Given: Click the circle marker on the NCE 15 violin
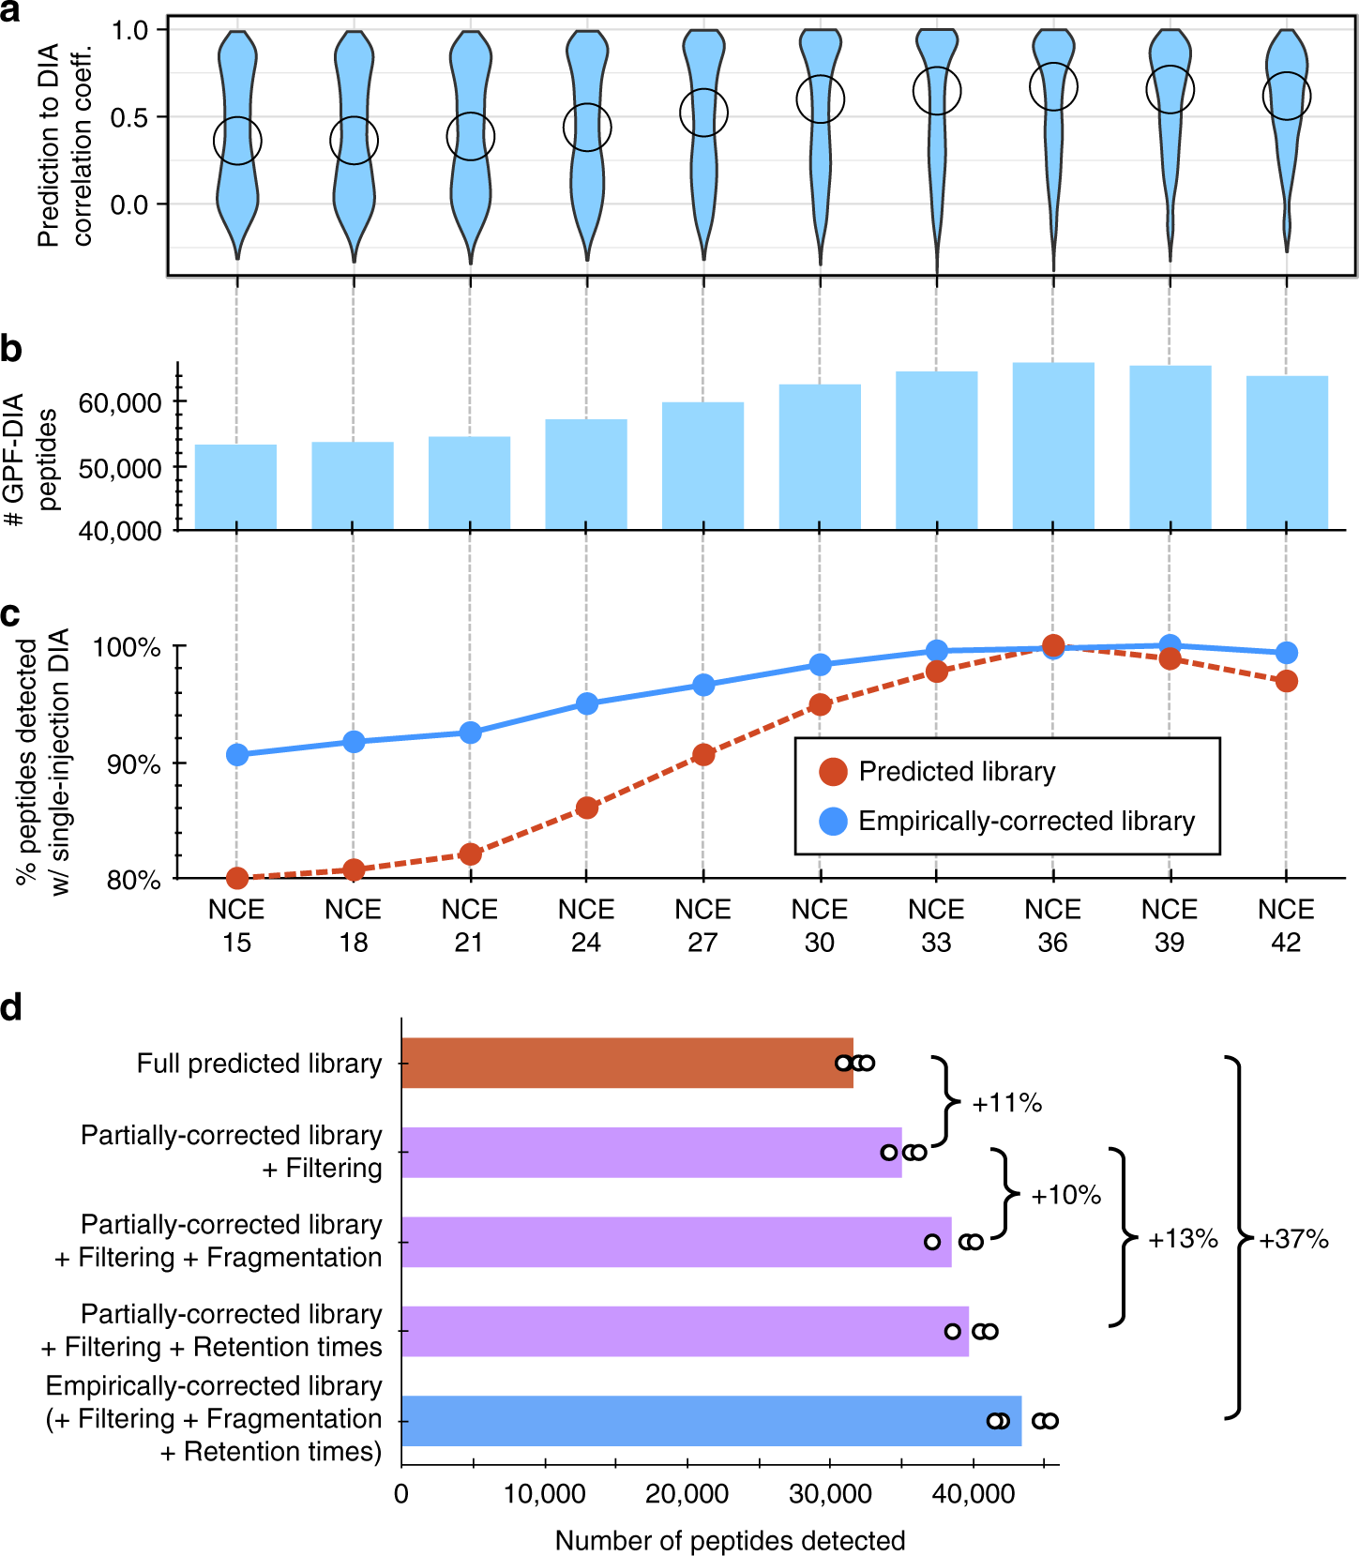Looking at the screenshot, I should click(x=237, y=141).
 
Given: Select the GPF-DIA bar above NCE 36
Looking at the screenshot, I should click(x=1053, y=446).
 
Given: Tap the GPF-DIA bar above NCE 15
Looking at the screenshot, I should click(x=235, y=487).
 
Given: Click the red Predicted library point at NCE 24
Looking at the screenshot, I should click(x=587, y=808).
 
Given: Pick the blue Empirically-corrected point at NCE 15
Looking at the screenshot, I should click(x=237, y=755).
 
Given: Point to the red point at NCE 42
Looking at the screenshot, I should click(x=1287, y=681).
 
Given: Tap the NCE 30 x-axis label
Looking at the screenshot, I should click(x=820, y=926).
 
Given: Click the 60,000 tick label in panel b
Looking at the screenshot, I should click(x=120, y=403).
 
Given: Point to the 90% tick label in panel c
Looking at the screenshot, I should click(x=133, y=764).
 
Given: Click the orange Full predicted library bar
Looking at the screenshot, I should click(x=627, y=1063).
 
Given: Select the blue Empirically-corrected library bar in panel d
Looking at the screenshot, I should click(x=711, y=1421).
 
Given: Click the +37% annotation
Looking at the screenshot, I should click(x=1294, y=1240).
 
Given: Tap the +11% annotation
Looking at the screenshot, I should click(x=1007, y=1103).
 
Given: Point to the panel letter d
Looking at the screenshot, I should click(x=11, y=1008).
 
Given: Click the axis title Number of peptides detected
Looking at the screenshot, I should click(x=730, y=1540).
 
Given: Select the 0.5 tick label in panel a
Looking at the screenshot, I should click(x=128, y=118).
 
